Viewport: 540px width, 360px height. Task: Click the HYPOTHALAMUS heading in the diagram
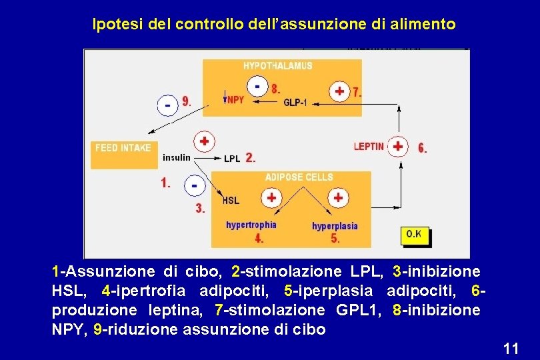pyautogui.click(x=277, y=66)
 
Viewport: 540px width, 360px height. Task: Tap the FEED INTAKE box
pyautogui.click(x=123, y=148)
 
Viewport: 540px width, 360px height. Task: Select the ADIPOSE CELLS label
pyautogui.click(x=299, y=177)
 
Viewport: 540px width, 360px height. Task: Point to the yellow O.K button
pyautogui.click(x=414, y=235)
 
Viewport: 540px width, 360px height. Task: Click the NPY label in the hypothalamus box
pyautogui.click(x=235, y=101)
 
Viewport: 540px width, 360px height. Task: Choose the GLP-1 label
pyautogui.click(x=295, y=102)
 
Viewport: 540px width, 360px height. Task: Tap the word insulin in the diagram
pyautogui.click(x=177, y=158)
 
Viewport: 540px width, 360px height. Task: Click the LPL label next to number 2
pyautogui.click(x=232, y=159)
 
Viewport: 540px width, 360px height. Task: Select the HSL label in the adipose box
pyautogui.click(x=231, y=200)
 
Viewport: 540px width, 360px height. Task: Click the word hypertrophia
pyautogui.click(x=251, y=225)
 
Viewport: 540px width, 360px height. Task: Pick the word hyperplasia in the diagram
pyautogui.click(x=335, y=226)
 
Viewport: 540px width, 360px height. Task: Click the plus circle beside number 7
pyautogui.click(x=340, y=91)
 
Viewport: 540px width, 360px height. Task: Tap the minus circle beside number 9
pyautogui.click(x=168, y=105)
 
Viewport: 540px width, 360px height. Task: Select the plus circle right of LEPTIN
pyautogui.click(x=398, y=146)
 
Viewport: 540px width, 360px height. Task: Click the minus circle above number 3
pyautogui.click(x=194, y=186)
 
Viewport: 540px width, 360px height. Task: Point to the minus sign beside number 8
pyautogui.click(x=257, y=85)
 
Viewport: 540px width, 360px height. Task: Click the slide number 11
pyautogui.click(x=511, y=348)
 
